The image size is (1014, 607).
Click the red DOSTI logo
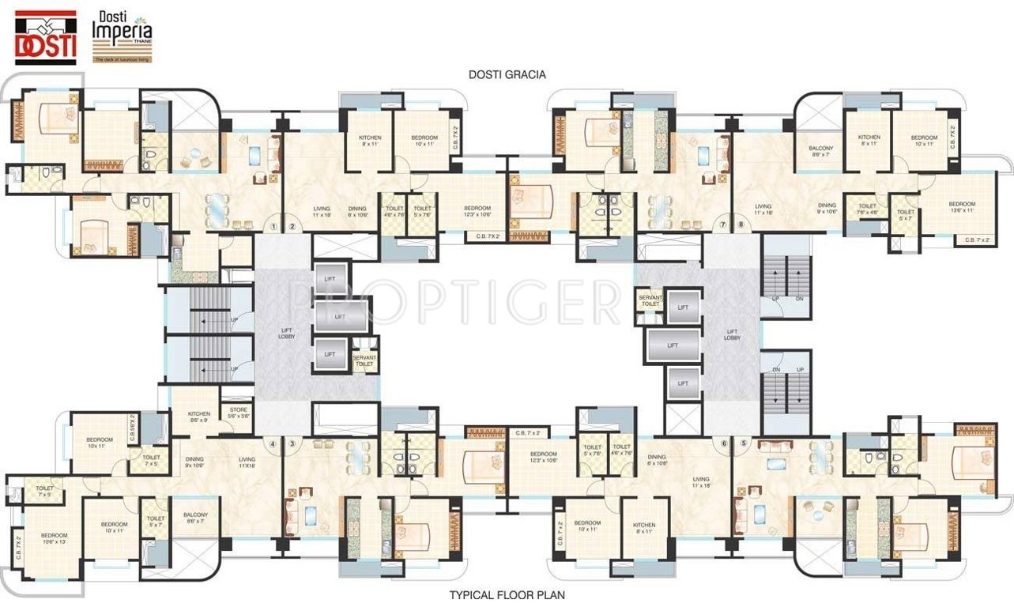[46, 36]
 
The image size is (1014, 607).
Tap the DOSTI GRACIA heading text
[507, 74]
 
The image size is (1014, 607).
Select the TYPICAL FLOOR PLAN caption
[507, 594]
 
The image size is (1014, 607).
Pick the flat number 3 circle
[292, 443]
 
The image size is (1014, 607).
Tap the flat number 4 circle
[273, 443]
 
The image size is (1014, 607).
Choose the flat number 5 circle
[743, 443]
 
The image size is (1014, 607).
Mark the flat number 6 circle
[724, 443]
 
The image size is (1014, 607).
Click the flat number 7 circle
[722, 225]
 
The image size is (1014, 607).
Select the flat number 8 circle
[741, 225]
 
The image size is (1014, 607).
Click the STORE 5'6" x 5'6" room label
[238, 413]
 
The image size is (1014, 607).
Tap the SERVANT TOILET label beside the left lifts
[364, 360]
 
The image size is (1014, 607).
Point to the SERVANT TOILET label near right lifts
[650, 300]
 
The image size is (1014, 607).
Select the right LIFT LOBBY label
[732, 335]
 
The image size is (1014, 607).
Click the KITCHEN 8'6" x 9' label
[198, 417]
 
